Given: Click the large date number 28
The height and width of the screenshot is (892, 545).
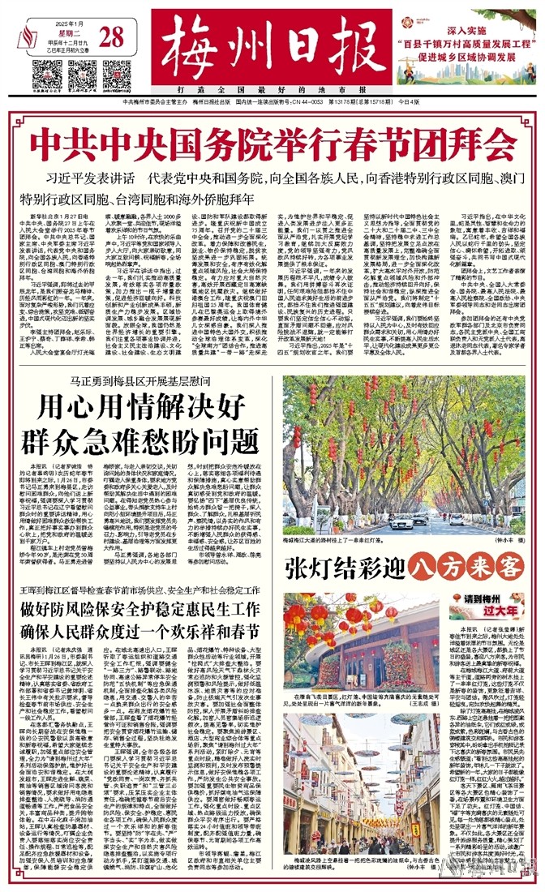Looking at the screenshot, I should pos(114,36).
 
